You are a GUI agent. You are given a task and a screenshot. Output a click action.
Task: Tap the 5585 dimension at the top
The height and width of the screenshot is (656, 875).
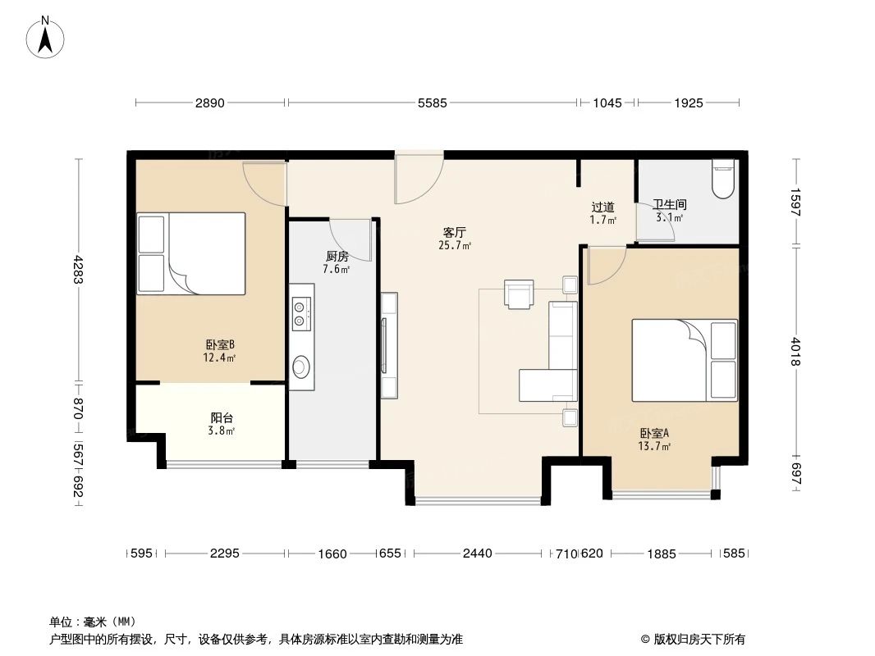432,103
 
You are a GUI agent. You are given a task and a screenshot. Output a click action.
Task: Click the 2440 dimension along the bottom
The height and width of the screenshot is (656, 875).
477,553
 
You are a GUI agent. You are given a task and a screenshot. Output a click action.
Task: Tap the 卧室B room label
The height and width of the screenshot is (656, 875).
220,345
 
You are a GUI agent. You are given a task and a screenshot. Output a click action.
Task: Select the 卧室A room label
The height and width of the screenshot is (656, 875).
655,434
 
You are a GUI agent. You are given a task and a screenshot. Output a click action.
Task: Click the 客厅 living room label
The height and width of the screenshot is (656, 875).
455,232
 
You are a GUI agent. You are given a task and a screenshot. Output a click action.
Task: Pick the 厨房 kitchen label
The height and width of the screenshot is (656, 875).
337,256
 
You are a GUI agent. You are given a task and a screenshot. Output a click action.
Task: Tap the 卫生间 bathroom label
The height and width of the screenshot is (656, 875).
669,204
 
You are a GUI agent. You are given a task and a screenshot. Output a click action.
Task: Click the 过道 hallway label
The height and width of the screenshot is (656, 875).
603,207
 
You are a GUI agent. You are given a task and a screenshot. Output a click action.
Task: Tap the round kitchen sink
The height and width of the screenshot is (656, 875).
301,366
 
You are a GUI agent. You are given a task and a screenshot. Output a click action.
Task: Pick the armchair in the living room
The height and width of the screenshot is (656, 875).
519,294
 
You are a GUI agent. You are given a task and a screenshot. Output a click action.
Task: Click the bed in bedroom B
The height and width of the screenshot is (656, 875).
191,253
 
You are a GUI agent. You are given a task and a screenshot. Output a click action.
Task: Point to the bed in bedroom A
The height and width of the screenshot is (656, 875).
684,360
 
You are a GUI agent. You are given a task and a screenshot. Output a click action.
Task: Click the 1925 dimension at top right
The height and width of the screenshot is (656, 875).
689,103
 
